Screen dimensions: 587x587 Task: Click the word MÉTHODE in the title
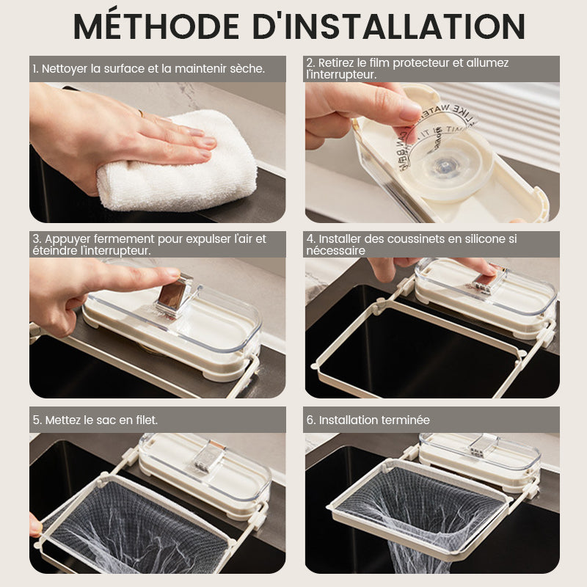(156, 26)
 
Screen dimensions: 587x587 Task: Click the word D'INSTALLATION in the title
(389, 26)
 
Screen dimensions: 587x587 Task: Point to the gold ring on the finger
(140, 113)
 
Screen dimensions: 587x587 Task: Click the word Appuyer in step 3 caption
(68, 239)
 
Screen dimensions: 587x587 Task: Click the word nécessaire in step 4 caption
(335, 250)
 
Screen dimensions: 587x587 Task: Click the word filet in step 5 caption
(146, 420)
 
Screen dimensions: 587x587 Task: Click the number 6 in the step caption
(309, 420)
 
